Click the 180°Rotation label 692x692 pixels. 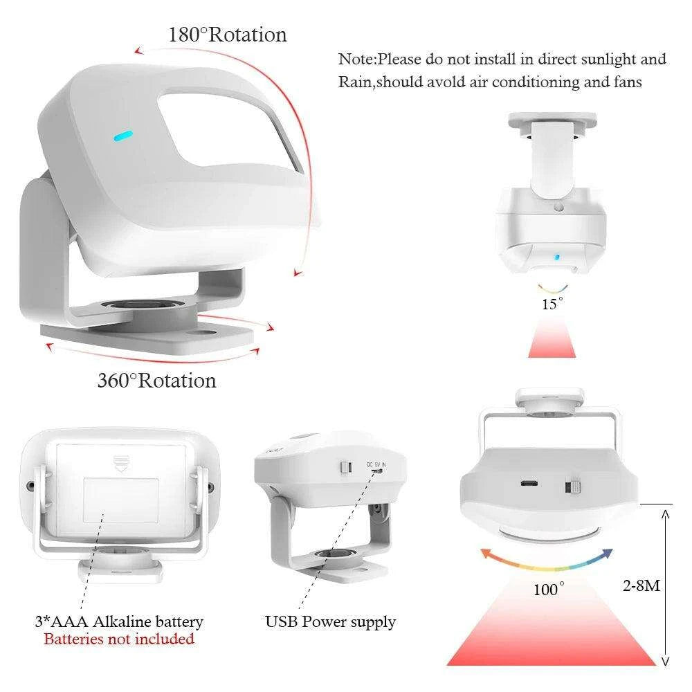pyautogui.click(x=228, y=35)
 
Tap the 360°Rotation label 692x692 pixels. pyautogui.click(x=156, y=381)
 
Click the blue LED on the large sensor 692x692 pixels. pyautogui.click(x=123, y=136)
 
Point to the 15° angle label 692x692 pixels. pyautogui.click(x=552, y=304)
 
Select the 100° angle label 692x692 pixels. pyautogui.click(x=549, y=589)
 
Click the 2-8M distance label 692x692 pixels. pyautogui.click(x=641, y=585)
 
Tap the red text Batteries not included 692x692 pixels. pyautogui.click(x=119, y=639)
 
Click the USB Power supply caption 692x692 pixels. pyautogui.click(x=331, y=622)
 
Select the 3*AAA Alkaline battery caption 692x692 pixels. pyautogui.click(x=119, y=621)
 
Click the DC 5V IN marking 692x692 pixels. pyautogui.click(x=376, y=465)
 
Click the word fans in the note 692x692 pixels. pyautogui.click(x=628, y=82)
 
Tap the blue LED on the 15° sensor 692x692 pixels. pyautogui.click(x=557, y=257)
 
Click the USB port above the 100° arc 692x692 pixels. pyautogui.click(x=529, y=483)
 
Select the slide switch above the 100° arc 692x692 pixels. pyautogui.click(x=572, y=487)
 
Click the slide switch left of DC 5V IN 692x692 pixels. pyautogui.click(x=347, y=467)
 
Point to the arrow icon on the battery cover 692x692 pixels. pyautogui.click(x=120, y=464)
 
